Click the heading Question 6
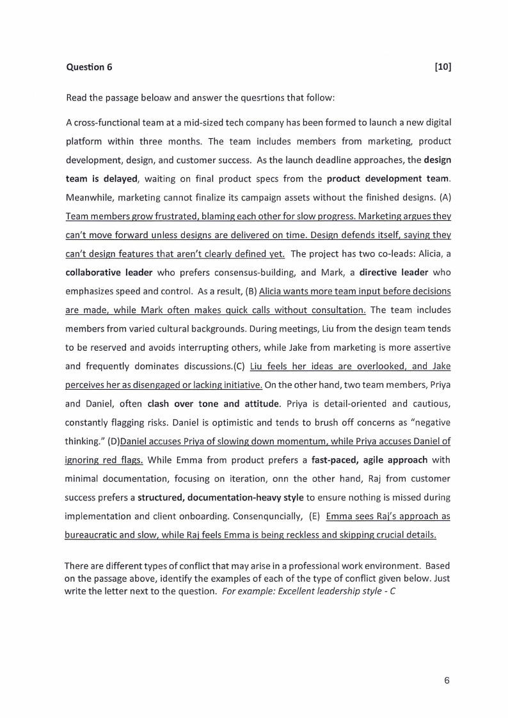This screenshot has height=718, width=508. pyautogui.click(x=89, y=67)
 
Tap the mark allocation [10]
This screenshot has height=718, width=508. pyautogui.click(x=442, y=67)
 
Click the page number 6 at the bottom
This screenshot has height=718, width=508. pyautogui.click(x=447, y=680)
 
